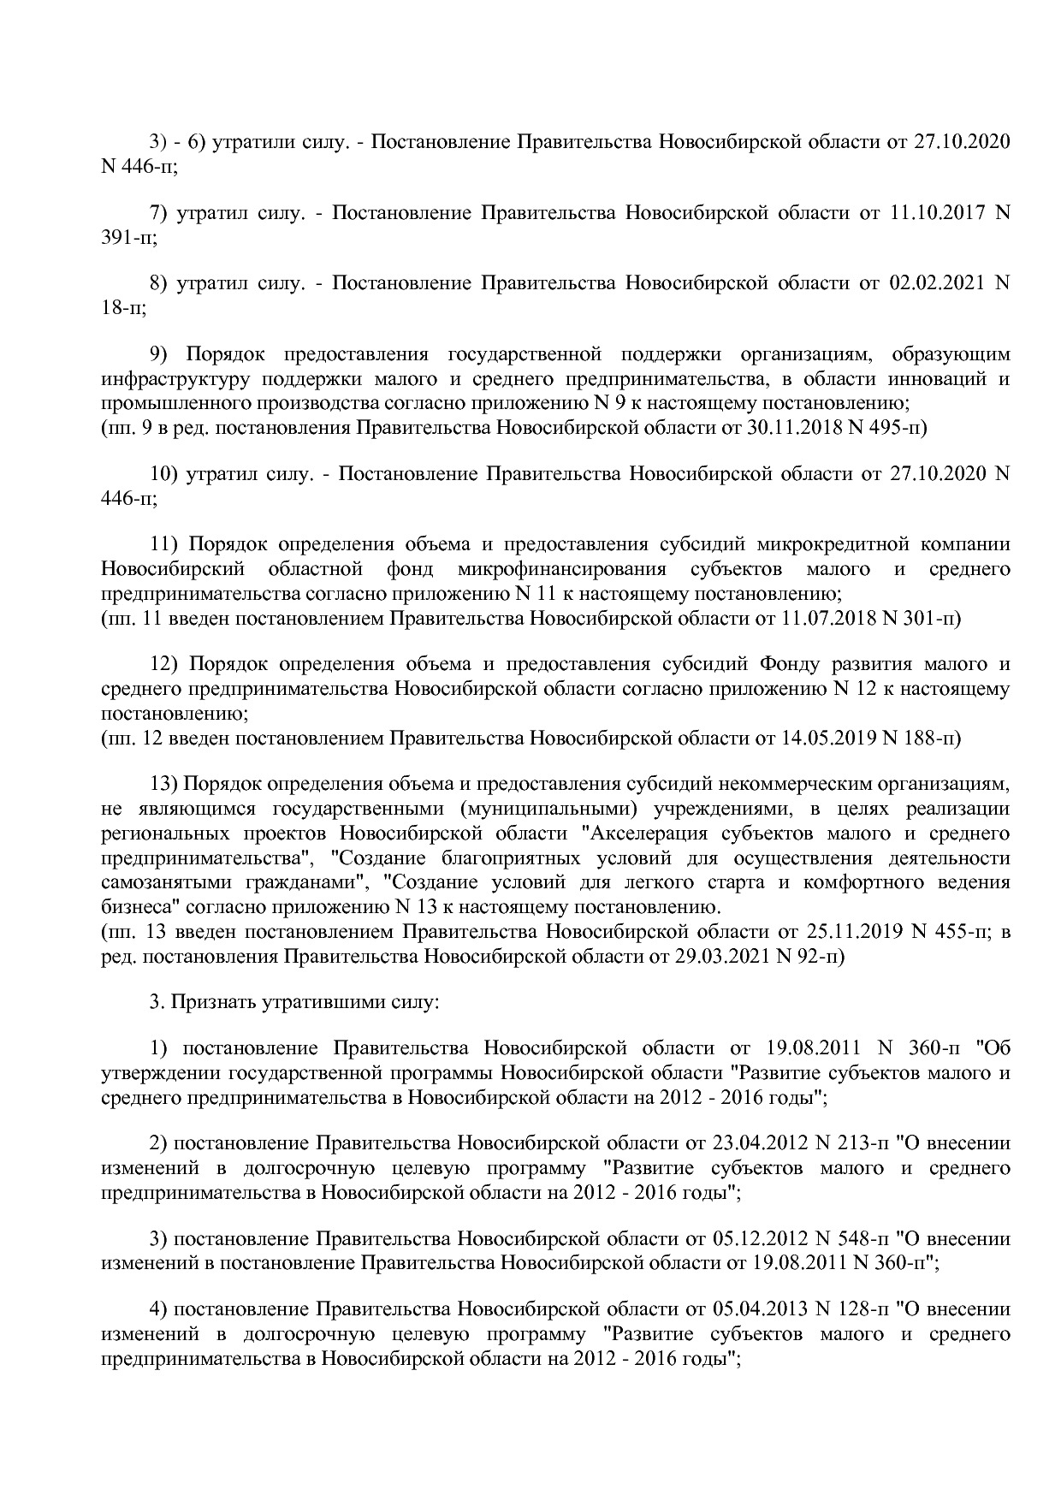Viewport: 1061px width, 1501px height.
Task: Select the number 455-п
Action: [x=959, y=933]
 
